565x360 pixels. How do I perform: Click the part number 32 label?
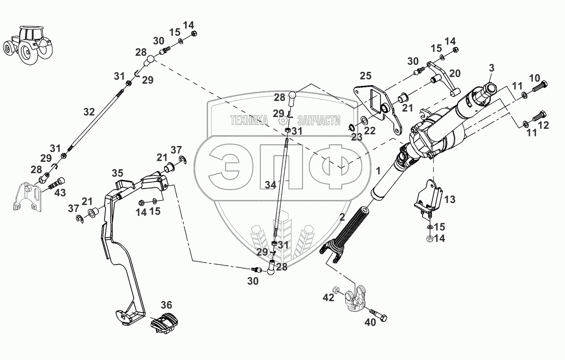click(89, 112)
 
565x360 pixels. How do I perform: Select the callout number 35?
click(117, 173)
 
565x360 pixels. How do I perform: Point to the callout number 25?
click(365, 76)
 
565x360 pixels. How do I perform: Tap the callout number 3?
click(491, 68)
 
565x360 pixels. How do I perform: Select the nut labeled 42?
click(336, 290)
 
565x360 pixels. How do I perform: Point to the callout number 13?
click(450, 199)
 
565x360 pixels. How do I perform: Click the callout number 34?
click(270, 185)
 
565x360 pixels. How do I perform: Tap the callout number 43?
click(60, 193)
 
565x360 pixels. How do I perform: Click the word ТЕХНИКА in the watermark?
click(249, 120)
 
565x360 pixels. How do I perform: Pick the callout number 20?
click(455, 73)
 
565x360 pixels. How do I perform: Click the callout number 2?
click(343, 216)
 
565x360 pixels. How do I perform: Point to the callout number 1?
click(378, 171)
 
